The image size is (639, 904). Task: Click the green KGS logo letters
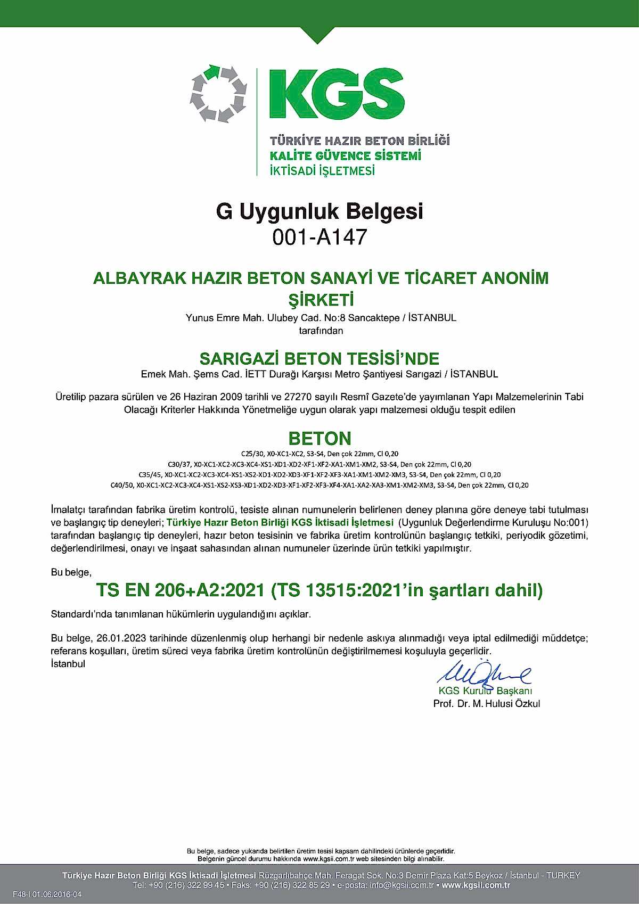[337, 94]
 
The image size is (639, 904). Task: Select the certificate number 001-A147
[319, 237]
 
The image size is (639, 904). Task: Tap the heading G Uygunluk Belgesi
[319, 211]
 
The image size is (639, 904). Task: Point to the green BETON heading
[319, 439]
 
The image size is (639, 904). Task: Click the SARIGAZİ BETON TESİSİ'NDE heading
[319, 358]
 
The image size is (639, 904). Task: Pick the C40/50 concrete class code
[121, 485]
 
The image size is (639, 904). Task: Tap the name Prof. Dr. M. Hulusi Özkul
[487, 703]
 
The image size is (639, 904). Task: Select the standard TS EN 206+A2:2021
[181, 590]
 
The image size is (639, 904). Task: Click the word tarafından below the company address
[321, 331]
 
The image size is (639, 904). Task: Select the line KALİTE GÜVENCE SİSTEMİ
[346, 156]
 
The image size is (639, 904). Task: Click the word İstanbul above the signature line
[68, 664]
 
